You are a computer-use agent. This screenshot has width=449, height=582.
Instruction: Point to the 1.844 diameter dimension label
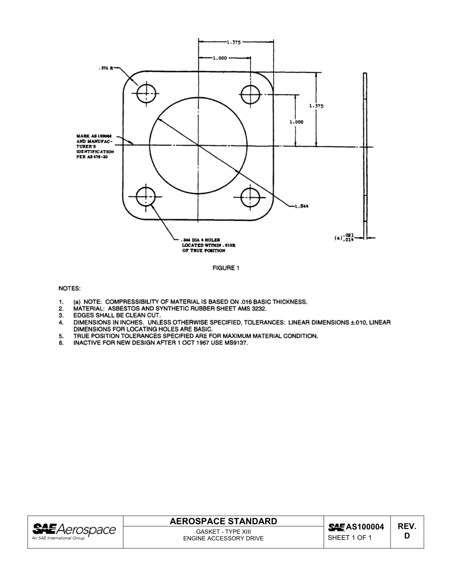[x=302, y=206]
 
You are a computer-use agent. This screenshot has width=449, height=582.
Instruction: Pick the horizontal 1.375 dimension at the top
[x=233, y=42]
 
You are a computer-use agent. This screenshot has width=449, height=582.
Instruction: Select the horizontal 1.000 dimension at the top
[x=220, y=58]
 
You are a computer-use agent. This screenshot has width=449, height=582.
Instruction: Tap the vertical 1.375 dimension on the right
[x=316, y=106]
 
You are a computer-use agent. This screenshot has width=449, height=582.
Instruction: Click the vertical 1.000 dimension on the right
[x=296, y=122]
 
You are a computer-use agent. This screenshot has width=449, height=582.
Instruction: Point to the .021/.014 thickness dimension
[x=349, y=237]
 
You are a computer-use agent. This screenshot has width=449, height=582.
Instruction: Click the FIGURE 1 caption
[x=226, y=268]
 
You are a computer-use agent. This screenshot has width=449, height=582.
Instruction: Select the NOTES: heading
[x=69, y=288]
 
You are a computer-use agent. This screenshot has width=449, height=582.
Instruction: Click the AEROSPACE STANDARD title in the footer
[x=223, y=521]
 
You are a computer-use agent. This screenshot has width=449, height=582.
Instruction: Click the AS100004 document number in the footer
[x=365, y=527]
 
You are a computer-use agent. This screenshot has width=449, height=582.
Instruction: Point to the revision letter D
[x=406, y=536]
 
